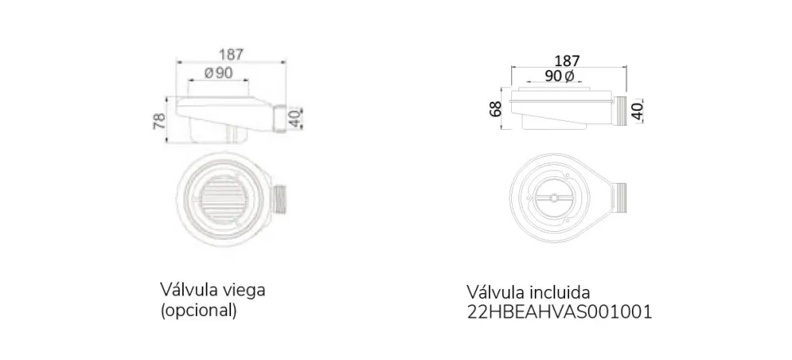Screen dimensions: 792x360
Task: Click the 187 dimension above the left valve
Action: [x=231, y=54]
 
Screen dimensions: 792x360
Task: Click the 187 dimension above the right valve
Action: [x=567, y=61]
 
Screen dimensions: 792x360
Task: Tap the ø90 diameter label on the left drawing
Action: [x=218, y=73]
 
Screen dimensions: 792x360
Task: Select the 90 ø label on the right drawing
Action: [x=559, y=76]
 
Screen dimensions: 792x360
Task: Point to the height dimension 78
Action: [x=159, y=121]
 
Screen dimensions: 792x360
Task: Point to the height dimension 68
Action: [x=496, y=109]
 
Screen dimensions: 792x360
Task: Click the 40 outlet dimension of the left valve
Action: [x=294, y=118]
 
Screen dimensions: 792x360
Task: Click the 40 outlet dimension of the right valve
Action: [x=638, y=110]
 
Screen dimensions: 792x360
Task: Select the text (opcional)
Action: [x=198, y=310]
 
